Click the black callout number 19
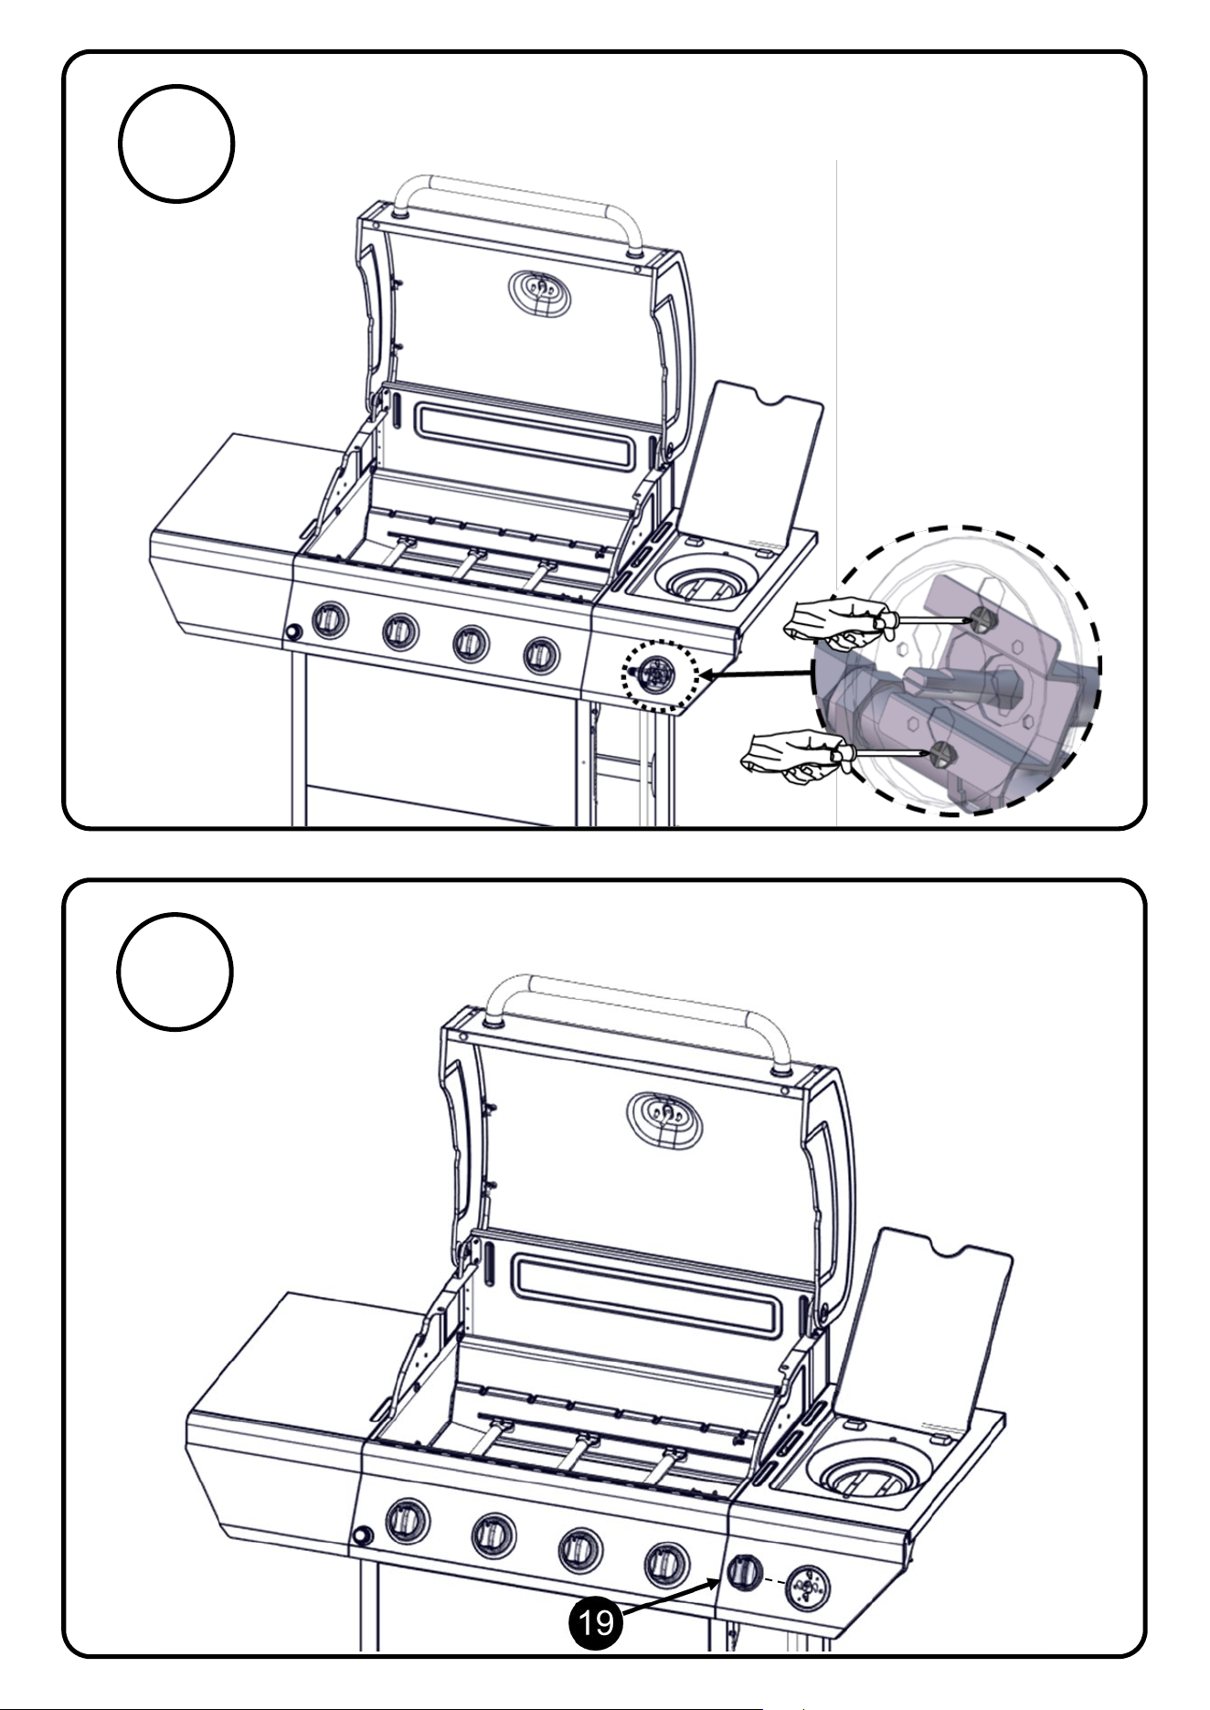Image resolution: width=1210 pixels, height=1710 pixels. click(x=595, y=1622)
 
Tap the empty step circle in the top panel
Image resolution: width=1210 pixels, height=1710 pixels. click(x=176, y=143)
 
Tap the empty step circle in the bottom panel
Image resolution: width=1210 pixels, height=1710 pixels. click(x=175, y=971)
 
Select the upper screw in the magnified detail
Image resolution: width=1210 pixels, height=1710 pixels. click(x=983, y=620)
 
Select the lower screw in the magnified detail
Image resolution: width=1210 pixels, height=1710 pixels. click(x=942, y=755)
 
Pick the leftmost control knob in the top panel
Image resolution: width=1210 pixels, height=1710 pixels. click(x=330, y=621)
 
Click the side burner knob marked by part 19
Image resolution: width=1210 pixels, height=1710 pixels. click(x=744, y=1572)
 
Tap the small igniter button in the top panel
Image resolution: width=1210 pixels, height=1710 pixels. click(x=293, y=632)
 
